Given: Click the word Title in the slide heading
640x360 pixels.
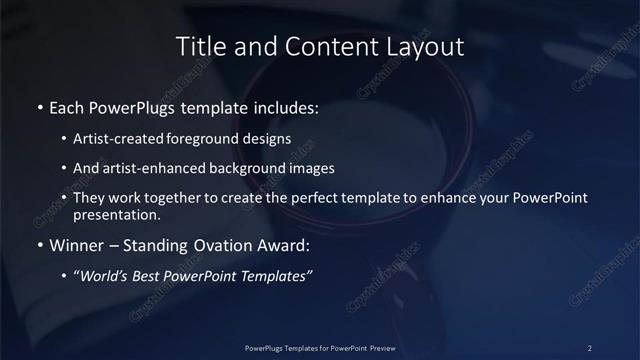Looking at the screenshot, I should (199, 46).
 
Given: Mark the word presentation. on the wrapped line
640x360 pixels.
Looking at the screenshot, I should (116, 214).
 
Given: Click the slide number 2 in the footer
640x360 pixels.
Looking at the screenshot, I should (589, 347).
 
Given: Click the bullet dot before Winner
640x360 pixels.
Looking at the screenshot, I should (39, 246).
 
